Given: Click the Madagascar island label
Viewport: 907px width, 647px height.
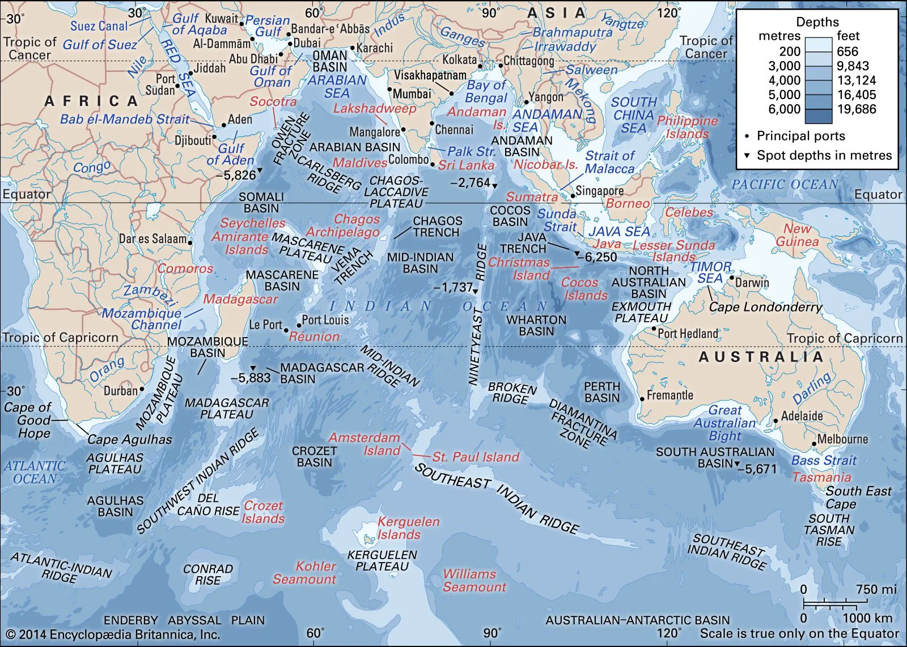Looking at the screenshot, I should [241, 299].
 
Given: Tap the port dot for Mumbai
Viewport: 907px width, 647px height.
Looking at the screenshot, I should [390, 89].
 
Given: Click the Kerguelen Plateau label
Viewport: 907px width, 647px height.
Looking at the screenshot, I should [382, 560].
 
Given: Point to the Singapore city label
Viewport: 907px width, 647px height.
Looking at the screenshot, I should [599, 191].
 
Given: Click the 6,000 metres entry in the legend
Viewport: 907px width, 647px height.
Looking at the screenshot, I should [785, 109].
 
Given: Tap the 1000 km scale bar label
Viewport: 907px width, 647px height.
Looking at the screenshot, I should [867, 618].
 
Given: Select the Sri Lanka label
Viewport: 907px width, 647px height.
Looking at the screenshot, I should [466, 165].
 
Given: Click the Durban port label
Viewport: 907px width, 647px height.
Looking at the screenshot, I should [120, 390].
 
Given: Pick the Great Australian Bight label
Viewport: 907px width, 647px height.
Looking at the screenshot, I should [724, 423].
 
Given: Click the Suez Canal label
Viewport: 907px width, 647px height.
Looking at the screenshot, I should [99, 26].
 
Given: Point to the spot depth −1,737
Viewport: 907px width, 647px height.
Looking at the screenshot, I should [453, 287].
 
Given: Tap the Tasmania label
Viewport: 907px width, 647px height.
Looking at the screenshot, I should [821, 477].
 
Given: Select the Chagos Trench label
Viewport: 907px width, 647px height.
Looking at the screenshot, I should [436, 227].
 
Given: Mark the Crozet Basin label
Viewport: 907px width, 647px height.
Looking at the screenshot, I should [314, 457].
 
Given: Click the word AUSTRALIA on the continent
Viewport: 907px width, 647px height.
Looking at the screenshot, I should [761, 357].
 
